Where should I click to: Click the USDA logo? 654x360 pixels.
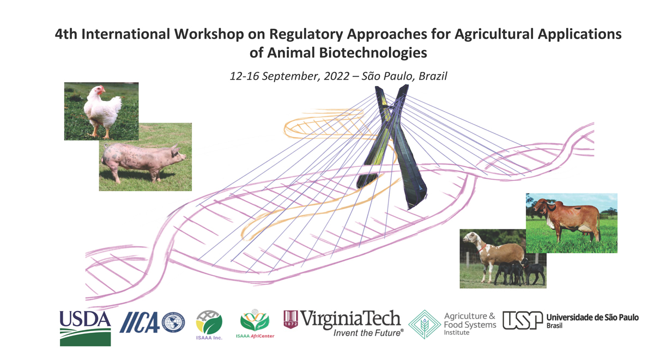pyautogui.click(x=85, y=328)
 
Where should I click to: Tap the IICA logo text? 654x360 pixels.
pyautogui.click(x=140, y=322)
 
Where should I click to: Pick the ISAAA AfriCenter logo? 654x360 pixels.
pyautogui.click(x=255, y=324)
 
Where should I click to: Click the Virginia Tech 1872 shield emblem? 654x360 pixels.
pyautogui.click(x=290, y=319)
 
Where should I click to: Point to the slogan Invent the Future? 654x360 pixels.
pyautogui.click(x=368, y=333)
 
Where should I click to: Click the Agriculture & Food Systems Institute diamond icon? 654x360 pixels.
pyautogui.click(x=424, y=325)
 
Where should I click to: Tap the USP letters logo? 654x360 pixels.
pyautogui.click(x=522, y=320)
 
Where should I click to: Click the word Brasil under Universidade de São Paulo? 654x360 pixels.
pyautogui.click(x=554, y=326)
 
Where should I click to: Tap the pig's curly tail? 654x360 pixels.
pyautogui.click(x=106, y=145)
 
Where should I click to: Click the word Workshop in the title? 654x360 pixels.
pyautogui.click(x=209, y=34)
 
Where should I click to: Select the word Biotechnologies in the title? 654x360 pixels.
pyautogui.click(x=373, y=53)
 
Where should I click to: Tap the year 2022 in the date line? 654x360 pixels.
pyautogui.click(x=336, y=76)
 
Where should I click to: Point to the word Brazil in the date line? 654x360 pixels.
pyautogui.click(x=433, y=76)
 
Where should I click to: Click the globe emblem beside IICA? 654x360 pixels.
pyautogui.click(x=173, y=322)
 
